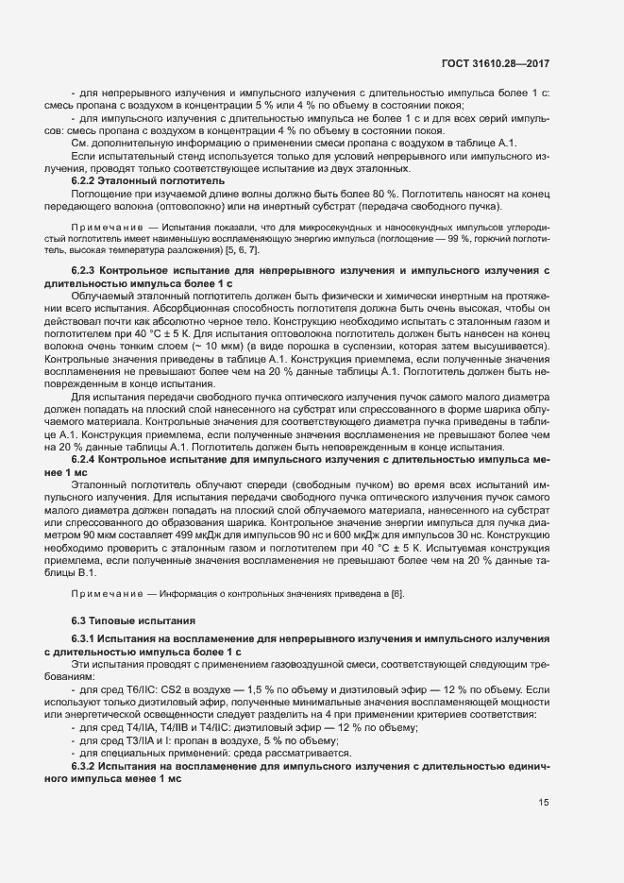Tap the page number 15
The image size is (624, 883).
(x=544, y=804)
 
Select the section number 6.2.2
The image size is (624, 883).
(x=87, y=178)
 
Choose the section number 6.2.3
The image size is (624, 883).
(x=87, y=270)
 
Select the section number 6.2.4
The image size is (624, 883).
(x=87, y=458)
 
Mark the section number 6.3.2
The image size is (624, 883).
(x=87, y=765)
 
